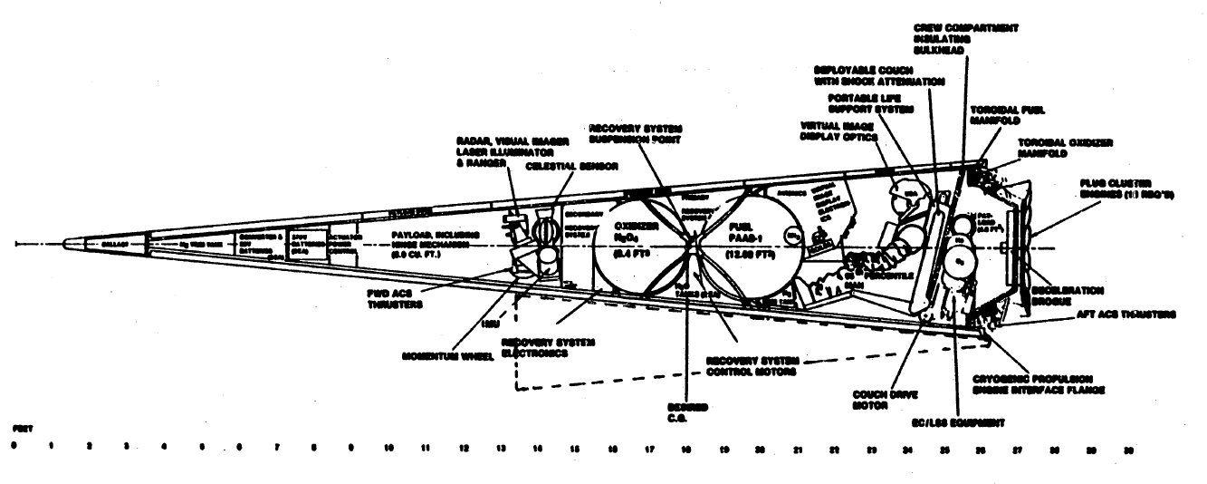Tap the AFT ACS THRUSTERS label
[1126, 314]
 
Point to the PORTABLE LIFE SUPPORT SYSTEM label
[872, 103]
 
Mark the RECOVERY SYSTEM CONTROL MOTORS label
[751, 365]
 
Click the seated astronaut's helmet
[902, 192]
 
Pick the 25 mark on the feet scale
[944, 449]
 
